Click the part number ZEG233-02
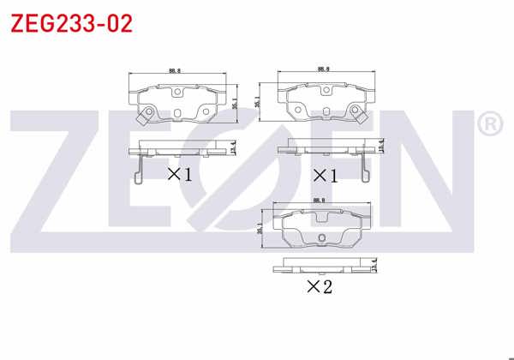coord(71,23)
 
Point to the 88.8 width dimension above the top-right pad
coord(323,69)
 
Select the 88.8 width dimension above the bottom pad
coord(320,201)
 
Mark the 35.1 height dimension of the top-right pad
coord(258,101)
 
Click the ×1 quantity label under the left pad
coord(178,175)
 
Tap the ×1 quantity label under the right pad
coord(323,176)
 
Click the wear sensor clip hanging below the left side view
coord(137,170)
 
